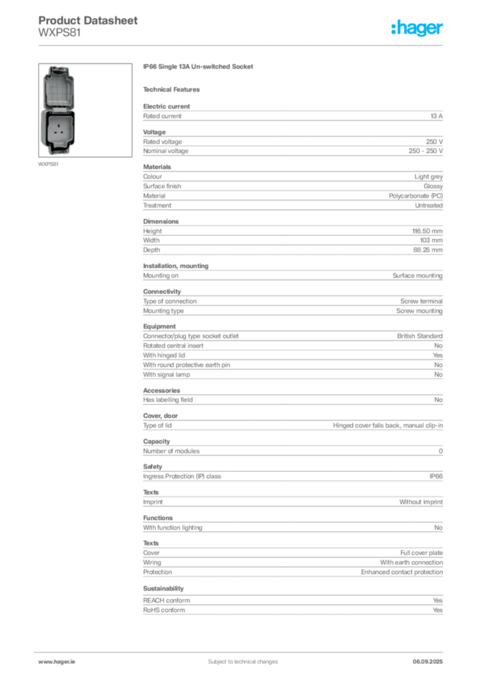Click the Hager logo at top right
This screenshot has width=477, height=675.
417,28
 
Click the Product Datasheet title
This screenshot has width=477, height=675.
88,20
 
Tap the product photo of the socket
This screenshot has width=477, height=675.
85,110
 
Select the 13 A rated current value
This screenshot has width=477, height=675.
437,116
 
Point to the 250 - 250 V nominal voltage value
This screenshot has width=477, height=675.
426,151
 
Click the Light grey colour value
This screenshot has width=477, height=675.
429,177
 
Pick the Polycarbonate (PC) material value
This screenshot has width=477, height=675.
416,196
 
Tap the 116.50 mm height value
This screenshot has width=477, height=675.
428,231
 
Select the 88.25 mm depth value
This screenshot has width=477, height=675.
428,250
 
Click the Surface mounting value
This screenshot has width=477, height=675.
418,276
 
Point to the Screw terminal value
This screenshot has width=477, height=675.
422,301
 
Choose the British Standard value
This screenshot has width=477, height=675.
420,336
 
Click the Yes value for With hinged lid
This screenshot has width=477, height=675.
438,355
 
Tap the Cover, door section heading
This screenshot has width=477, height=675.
161,416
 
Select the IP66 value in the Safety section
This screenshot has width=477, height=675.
436,477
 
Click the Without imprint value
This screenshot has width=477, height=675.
421,502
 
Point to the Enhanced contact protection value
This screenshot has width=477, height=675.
402,572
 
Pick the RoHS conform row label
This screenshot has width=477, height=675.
164,610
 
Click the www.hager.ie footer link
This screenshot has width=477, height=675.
57,662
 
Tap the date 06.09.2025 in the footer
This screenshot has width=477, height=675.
428,662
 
